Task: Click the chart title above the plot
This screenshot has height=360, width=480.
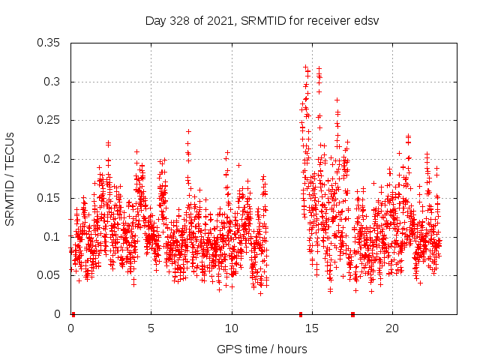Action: pos(262,20)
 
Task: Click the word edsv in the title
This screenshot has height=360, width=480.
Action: pos(367,20)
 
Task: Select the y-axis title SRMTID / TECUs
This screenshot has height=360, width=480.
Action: pos(10,178)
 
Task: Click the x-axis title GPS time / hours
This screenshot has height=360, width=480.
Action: pos(262,349)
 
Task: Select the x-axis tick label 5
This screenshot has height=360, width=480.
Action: pos(151,328)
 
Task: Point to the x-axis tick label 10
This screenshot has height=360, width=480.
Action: pos(232,328)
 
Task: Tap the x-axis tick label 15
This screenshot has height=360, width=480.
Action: pos(312,328)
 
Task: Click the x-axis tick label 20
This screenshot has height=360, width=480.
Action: pos(392,328)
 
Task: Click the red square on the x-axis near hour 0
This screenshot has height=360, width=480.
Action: pos(73,314)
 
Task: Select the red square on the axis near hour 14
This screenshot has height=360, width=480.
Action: pos(301,314)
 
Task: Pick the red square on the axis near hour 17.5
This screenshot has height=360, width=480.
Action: pos(352,314)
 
